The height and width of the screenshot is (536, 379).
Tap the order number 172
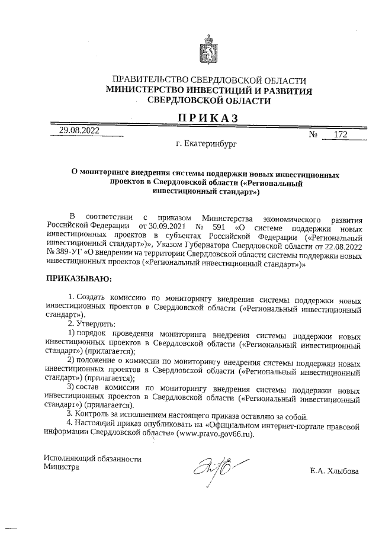tap(340, 135)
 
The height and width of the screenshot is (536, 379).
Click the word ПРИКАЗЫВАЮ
tap(78, 277)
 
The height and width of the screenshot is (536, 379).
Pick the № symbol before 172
tap(313, 135)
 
